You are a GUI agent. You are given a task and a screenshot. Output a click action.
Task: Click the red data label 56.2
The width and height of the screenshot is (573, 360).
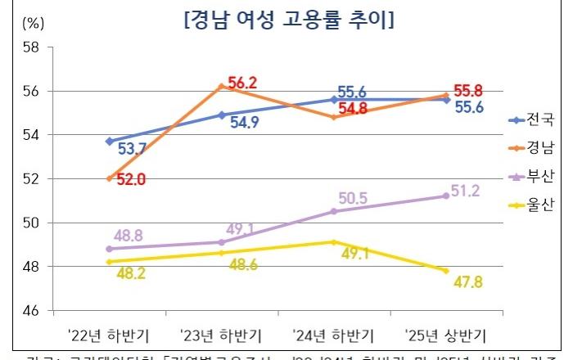(x=243, y=83)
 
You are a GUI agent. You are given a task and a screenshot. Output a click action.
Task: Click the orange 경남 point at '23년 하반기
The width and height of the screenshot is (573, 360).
(x=222, y=86)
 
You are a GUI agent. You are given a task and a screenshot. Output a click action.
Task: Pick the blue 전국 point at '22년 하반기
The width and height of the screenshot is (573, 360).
(x=110, y=141)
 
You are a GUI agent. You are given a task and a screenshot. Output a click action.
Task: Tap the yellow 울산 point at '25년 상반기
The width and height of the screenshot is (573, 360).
(x=445, y=271)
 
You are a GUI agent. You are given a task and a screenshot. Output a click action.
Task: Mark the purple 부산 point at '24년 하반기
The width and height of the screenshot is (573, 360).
(x=333, y=211)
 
